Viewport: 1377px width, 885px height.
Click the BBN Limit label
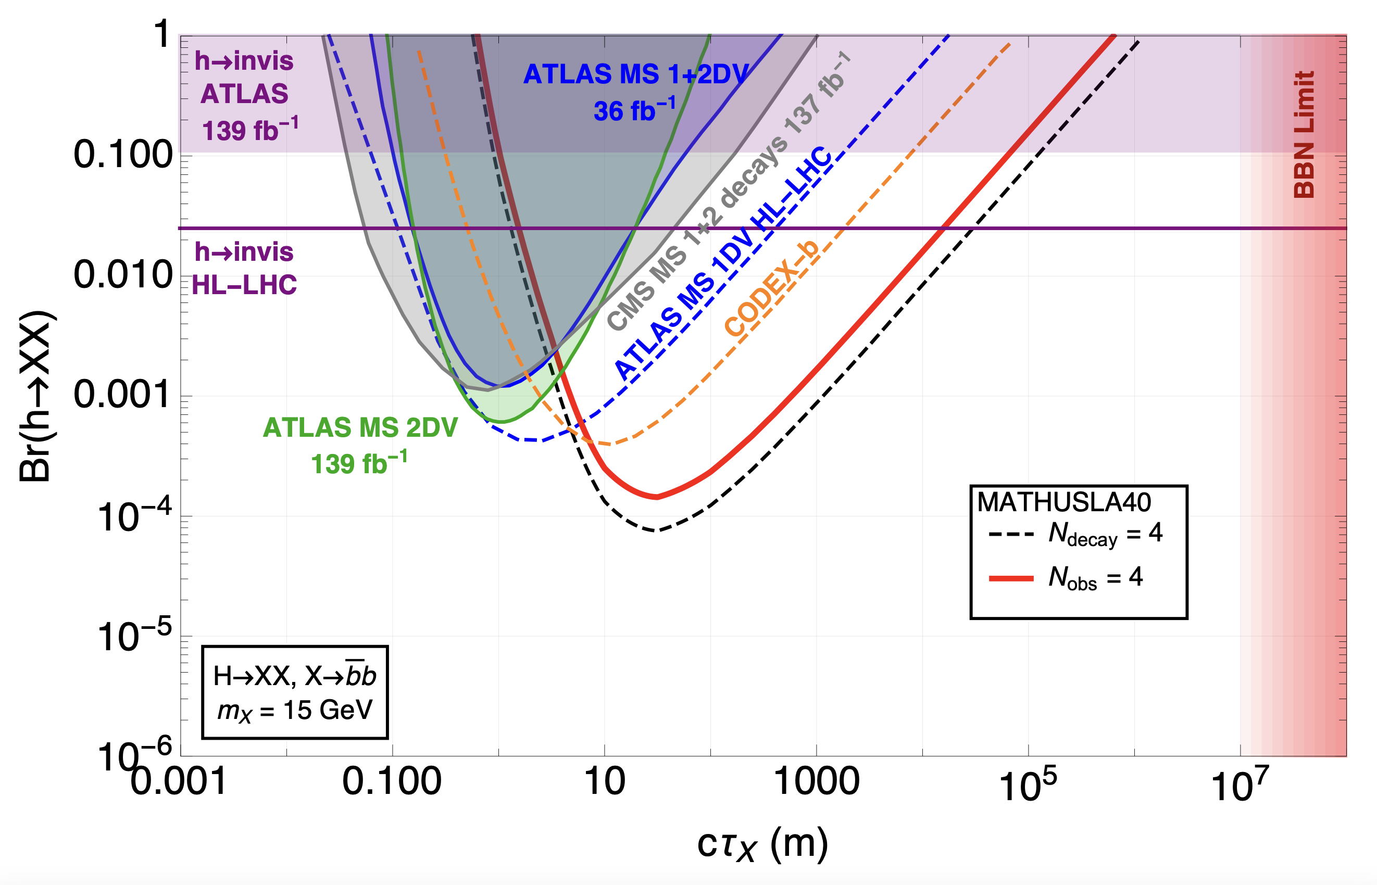(1304, 134)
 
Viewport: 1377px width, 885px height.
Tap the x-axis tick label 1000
(817, 782)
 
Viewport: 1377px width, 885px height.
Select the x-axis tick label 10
(604, 782)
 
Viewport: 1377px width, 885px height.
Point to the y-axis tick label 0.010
(123, 275)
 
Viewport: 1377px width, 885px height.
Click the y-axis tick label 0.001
(123, 395)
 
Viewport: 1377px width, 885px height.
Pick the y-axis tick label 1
(162, 34)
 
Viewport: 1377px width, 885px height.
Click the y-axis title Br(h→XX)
(35, 397)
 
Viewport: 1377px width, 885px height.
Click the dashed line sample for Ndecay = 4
(1011, 535)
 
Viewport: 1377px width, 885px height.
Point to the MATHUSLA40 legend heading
(1063, 503)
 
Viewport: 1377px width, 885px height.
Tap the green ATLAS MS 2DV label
(360, 428)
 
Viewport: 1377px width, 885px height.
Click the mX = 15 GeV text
(295, 711)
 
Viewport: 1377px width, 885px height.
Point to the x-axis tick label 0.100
(392, 782)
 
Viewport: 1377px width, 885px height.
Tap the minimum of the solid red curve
(657, 497)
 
